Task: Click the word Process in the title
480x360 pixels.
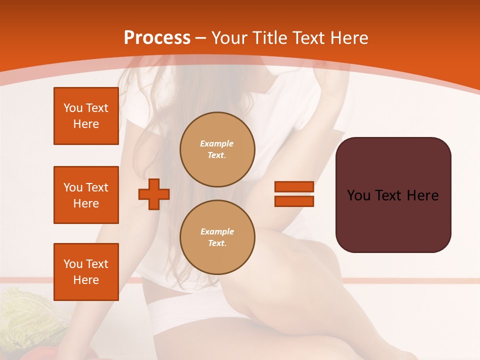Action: [x=157, y=37]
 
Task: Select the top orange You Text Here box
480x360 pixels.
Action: [x=86, y=116]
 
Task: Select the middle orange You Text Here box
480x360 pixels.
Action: [x=86, y=195]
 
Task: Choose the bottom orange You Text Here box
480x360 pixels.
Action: [x=86, y=272]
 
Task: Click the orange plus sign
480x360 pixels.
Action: [x=154, y=194]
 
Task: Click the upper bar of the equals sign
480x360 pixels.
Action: [x=294, y=186]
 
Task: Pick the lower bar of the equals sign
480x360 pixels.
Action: [x=294, y=201]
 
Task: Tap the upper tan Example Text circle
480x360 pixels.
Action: [x=217, y=149]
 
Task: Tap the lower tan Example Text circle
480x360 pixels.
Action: [x=217, y=237]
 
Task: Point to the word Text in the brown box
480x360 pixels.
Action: [x=392, y=195]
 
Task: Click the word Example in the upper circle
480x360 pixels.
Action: [x=217, y=143]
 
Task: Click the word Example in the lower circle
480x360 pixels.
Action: [x=217, y=231]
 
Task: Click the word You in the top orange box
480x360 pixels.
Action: [x=73, y=108]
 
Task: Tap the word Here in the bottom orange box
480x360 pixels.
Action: [x=86, y=280]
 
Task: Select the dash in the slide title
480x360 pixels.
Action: [x=200, y=38]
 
